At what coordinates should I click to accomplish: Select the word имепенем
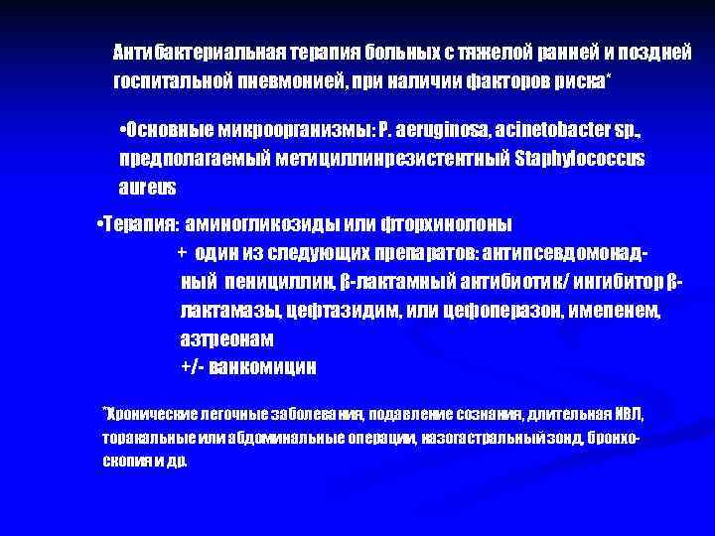click(614, 311)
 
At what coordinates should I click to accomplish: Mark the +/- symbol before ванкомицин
click(192, 366)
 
